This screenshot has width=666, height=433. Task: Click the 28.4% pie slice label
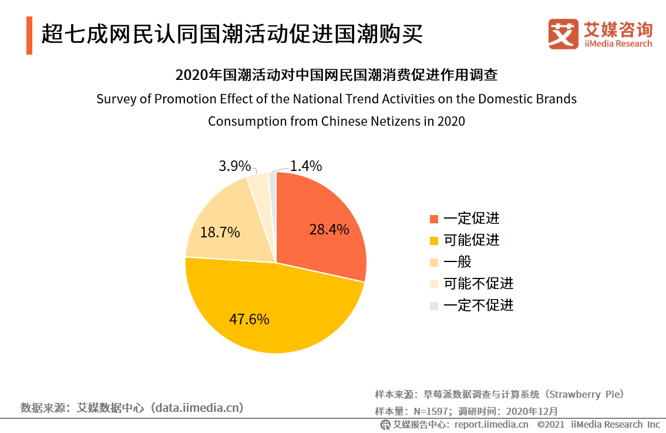[329, 229]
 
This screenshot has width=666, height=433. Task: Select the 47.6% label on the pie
[249, 320]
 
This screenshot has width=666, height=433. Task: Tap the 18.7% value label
[220, 233]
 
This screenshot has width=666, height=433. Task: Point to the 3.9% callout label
[234, 166]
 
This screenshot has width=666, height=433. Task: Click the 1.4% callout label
[305, 166]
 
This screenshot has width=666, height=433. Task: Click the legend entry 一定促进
[471, 219]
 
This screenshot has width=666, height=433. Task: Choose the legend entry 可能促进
[471, 240]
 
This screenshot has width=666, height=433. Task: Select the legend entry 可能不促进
[478, 284]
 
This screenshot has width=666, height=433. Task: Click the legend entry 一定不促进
[478, 306]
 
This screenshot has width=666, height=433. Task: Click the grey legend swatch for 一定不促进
[434, 306]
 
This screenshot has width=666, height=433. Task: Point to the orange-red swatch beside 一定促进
[434, 219]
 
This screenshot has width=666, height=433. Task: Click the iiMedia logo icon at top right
[563, 34]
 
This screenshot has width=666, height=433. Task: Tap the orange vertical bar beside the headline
[29, 36]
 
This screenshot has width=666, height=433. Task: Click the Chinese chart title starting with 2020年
[337, 75]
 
